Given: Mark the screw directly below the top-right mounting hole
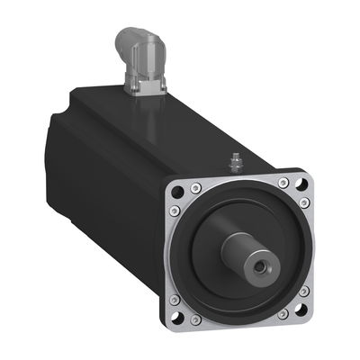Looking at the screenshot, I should tap(307, 203).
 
